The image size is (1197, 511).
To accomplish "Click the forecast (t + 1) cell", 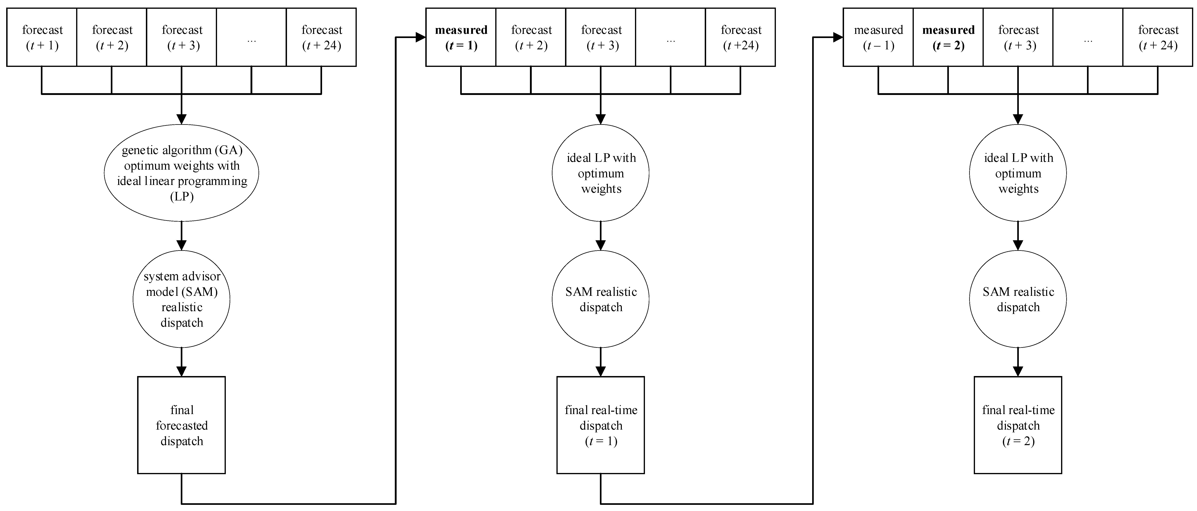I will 42,37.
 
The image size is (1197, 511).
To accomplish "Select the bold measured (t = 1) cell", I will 461,37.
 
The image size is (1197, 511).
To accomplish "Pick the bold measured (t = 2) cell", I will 948,37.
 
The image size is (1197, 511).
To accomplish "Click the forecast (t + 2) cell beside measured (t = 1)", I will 531,37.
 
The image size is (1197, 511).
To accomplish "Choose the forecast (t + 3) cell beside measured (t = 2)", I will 1018,37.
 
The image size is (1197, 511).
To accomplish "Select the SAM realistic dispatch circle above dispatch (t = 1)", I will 601,299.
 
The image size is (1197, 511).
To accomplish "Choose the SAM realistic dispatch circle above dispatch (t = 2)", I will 1018,299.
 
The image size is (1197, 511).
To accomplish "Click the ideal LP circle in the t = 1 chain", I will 601,173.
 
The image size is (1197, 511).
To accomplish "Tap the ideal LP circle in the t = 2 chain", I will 1018,173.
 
